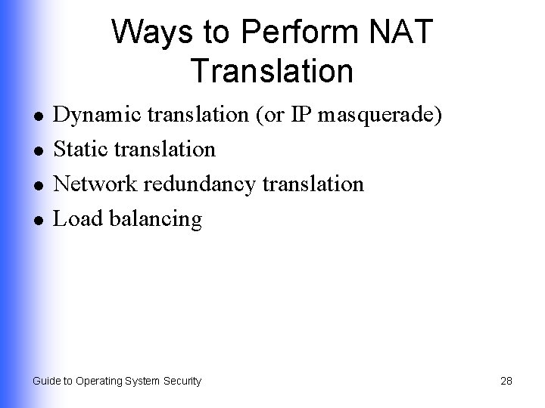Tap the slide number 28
(506, 381)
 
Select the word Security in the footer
(181, 381)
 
